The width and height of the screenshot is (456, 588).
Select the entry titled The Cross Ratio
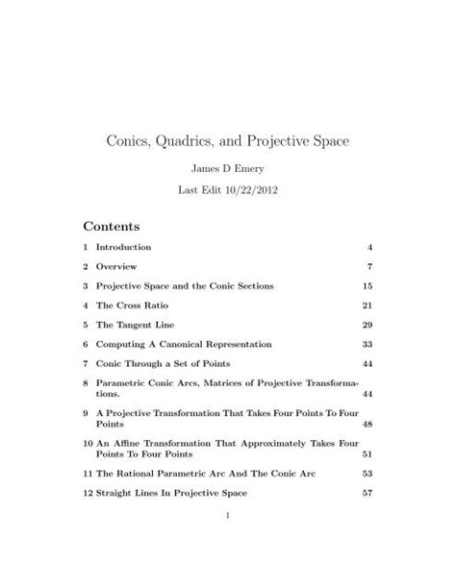tap(134, 305)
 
